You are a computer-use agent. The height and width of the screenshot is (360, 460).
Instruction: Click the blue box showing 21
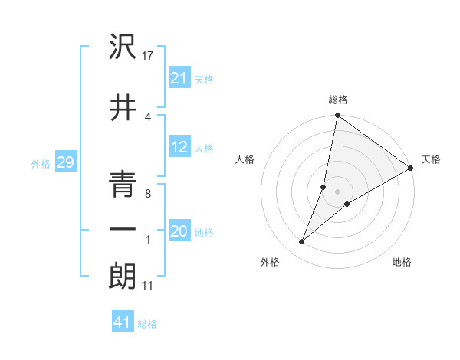[179, 78]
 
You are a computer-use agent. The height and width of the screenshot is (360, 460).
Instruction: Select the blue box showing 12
[179, 148]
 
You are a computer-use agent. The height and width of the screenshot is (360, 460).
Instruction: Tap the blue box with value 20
[179, 232]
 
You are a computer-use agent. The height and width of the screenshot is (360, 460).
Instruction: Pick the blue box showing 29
[65, 163]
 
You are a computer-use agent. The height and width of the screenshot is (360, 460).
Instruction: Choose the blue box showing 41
[123, 323]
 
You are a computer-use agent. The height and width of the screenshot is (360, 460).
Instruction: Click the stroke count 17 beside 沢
[149, 55]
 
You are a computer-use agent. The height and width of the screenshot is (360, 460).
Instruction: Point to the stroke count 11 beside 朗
[148, 286]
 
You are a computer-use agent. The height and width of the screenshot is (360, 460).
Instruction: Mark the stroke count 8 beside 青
[147, 194]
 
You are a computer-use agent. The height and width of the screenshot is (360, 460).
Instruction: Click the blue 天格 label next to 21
[204, 79]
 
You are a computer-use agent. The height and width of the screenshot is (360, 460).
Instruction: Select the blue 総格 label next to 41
[147, 324]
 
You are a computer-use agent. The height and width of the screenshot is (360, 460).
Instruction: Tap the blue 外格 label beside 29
[41, 164]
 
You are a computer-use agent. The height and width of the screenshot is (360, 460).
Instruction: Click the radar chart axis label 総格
[338, 100]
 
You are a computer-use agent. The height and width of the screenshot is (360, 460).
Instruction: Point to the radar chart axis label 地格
[402, 262]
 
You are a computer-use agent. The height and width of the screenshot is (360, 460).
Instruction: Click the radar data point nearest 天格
[411, 169]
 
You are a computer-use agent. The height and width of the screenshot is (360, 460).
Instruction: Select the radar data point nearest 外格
[302, 242]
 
